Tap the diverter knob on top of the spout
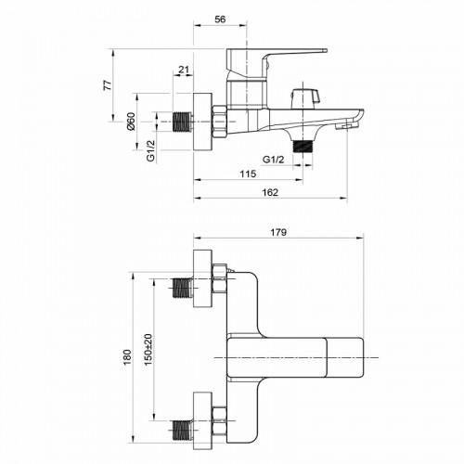click(x=303, y=97)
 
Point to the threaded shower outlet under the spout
click(x=303, y=145)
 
